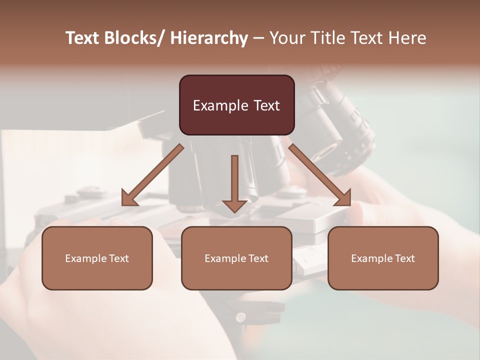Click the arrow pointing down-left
click(x=152, y=175)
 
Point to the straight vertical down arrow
click(x=234, y=180)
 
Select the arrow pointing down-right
click(x=320, y=175)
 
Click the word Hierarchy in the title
click(x=209, y=38)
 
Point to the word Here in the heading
click(x=406, y=38)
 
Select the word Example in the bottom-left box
click(x=86, y=258)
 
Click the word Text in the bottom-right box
click(x=404, y=258)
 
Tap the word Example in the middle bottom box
click(x=225, y=258)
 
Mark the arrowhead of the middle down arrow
click(x=234, y=206)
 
